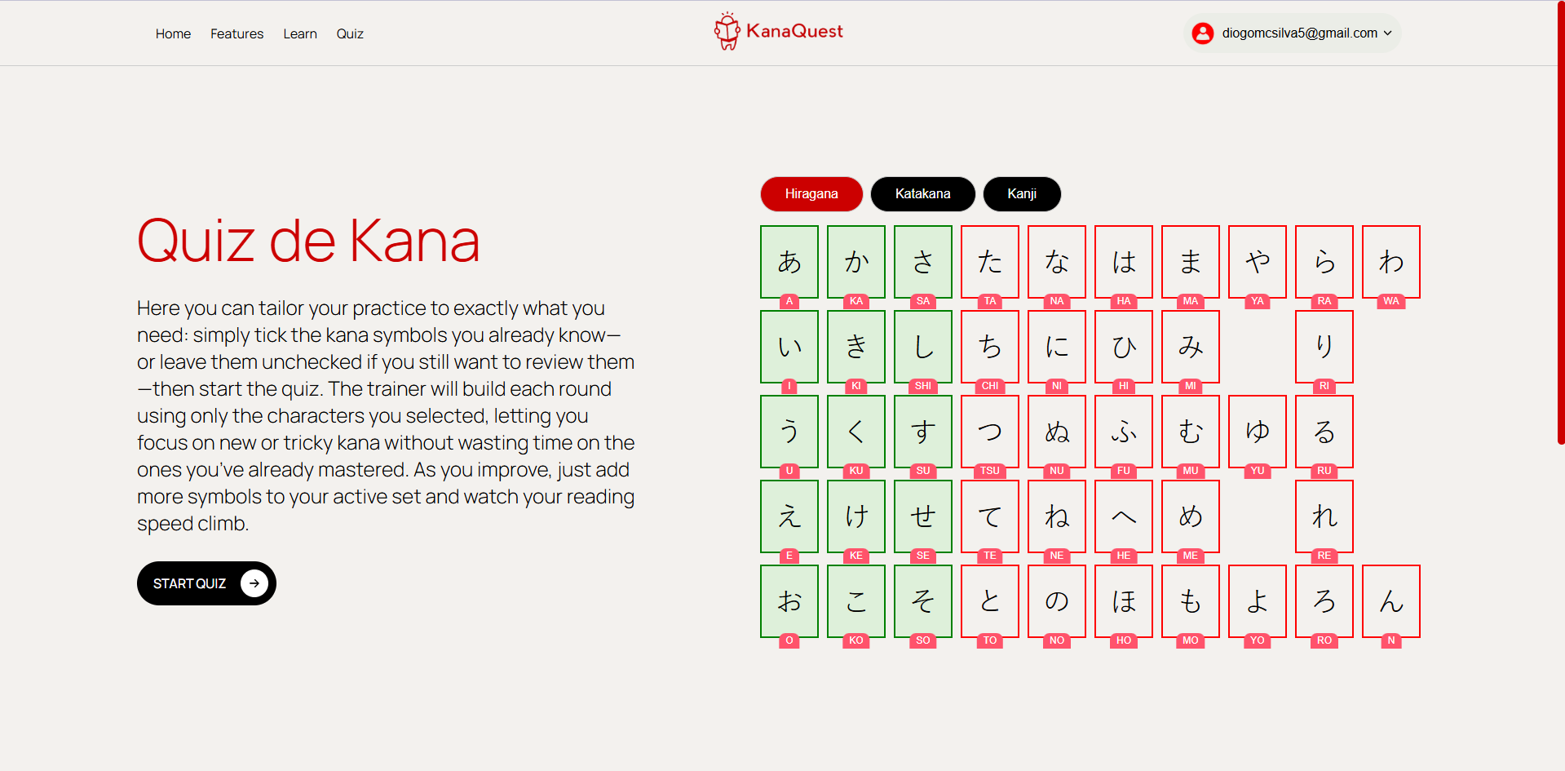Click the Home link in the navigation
[x=173, y=33]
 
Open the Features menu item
[x=237, y=33]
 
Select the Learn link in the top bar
[x=300, y=33]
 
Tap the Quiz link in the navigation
[x=350, y=33]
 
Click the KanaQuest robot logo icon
[x=727, y=31]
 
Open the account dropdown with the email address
[x=1293, y=33]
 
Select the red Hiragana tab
[x=811, y=193]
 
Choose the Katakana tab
[x=922, y=193]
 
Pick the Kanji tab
[x=1022, y=193]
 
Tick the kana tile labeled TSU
[x=990, y=432]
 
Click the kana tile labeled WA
[x=1391, y=262]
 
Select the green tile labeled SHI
[x=923, y=347]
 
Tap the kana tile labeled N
[x=1391, y=601]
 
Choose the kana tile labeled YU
[x=1258, y=432]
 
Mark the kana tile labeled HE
[x=1124, y=516]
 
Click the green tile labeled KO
[x=856, y=601]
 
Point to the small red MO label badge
[x=1191, y=640]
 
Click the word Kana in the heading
[x=414, y=241]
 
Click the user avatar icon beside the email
[x=1203, y=33]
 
